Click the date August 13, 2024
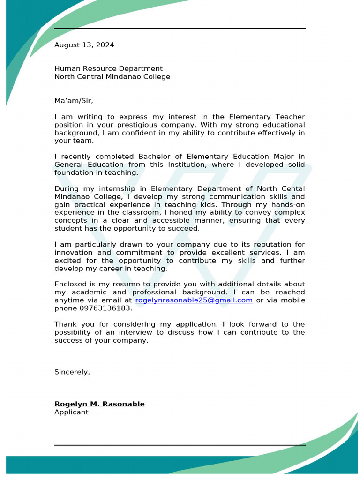(84, 45)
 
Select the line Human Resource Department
(108, 68)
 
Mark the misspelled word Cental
(293, 189)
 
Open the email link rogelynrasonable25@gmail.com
(194, 300)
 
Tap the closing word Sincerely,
(72, 372)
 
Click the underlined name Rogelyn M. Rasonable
(99, 404)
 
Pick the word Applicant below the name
(71, 412)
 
